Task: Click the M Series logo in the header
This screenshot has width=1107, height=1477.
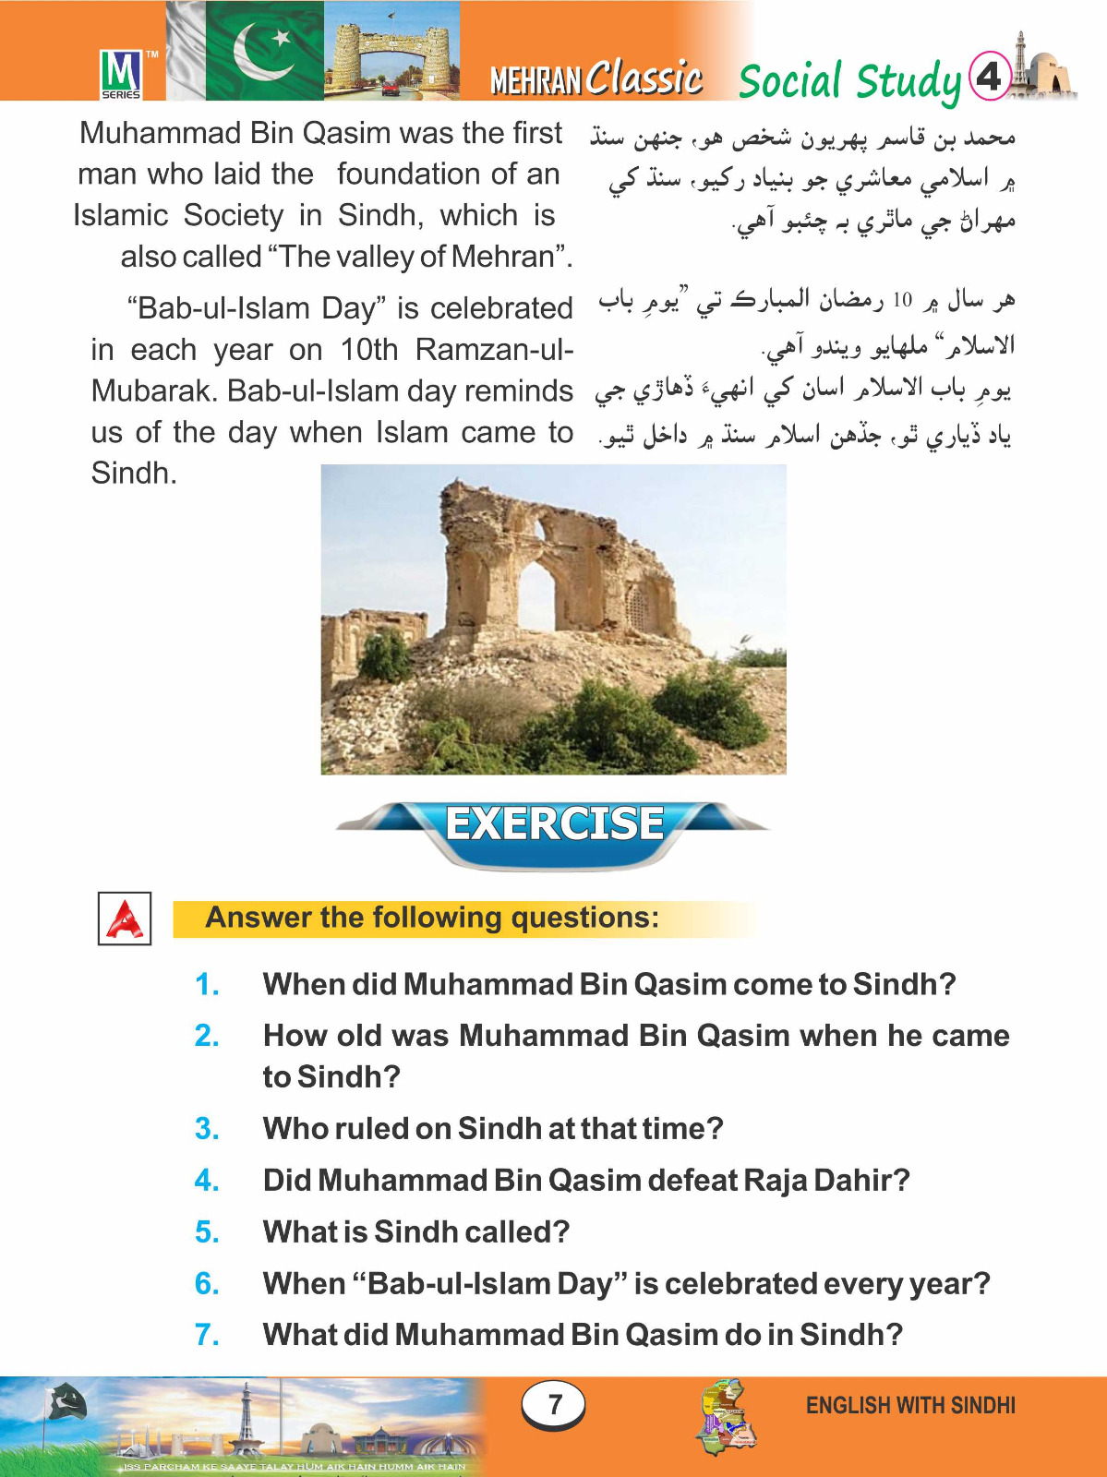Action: (x=121, y=73)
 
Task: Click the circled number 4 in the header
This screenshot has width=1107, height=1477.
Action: (x=989, y=75)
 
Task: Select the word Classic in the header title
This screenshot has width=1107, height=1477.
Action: (x=644, y=78)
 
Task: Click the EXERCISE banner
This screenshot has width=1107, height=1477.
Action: (x=554, y=824)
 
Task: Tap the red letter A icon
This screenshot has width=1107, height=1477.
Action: (x=125, y=919)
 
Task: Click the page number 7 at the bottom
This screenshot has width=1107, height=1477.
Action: (x=554, y=1404)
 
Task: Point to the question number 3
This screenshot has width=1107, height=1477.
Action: (x=207, y=1129)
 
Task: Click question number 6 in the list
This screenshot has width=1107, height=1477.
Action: (x=207, y=1284)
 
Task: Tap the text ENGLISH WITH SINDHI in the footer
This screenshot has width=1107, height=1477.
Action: (x=910, y=1405)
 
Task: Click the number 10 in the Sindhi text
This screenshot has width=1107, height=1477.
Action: (x=901, y=300)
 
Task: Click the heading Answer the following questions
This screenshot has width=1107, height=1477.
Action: (x=432, y=918)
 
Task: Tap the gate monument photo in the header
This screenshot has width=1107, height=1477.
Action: (x=391, y=51)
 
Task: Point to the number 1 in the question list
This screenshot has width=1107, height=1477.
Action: (x=207, y=985)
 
